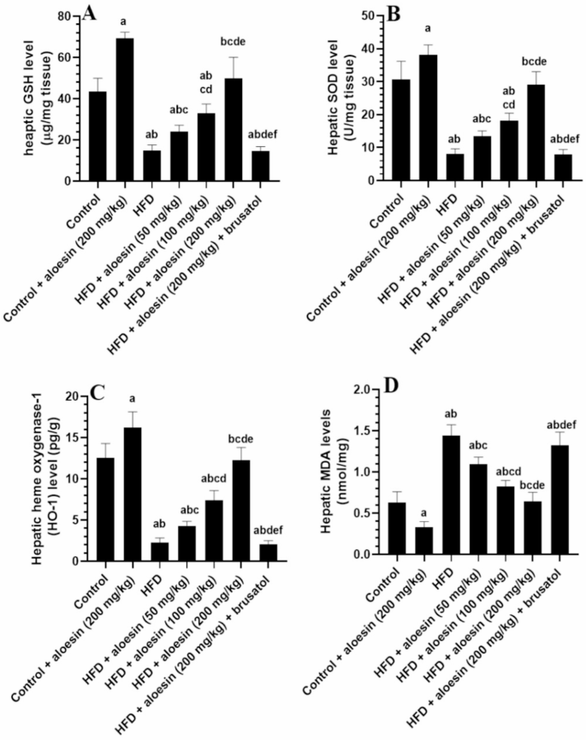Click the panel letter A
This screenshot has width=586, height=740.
(89, 15)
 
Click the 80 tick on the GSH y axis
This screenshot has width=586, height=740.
(71, 16)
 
